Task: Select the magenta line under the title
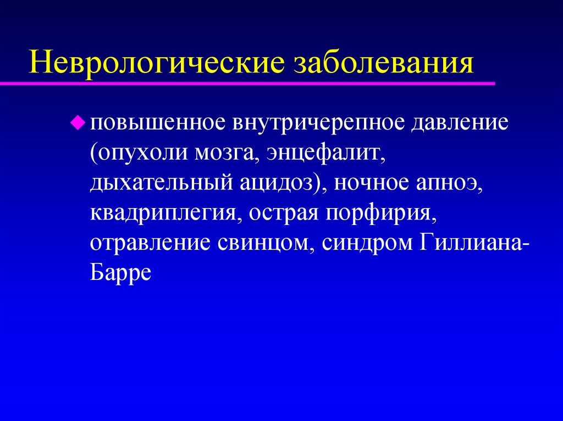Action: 247,83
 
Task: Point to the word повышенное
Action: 157,122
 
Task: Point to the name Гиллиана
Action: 470,243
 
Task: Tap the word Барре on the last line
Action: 120,273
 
